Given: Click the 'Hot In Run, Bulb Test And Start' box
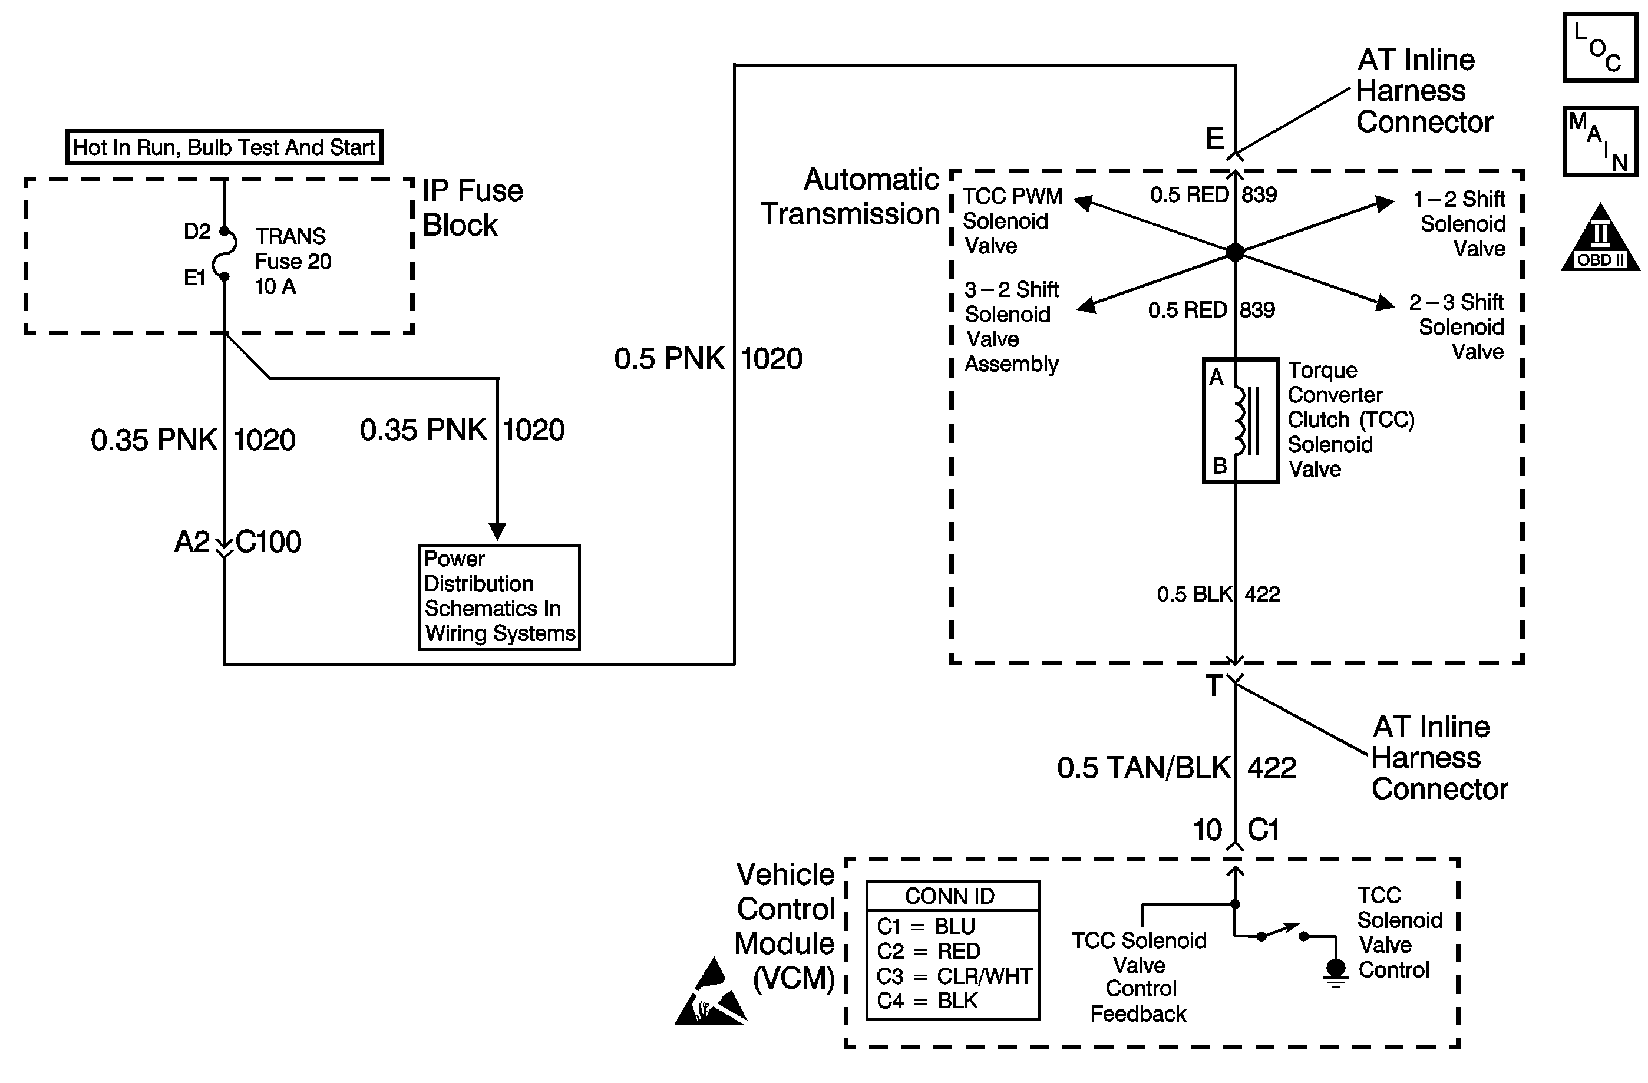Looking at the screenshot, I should [224, 147].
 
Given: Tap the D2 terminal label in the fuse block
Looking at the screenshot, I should [197, 232].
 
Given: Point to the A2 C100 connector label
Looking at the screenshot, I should [237, 542].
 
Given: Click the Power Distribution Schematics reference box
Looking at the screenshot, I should [499, 597].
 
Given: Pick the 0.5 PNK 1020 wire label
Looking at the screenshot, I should [708, 359].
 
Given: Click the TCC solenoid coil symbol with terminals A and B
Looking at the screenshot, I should [1240, 420].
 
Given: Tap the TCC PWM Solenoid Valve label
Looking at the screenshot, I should [1012, 221].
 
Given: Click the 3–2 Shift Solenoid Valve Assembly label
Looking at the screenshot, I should [1011, 326].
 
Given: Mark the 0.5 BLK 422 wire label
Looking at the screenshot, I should [1218, 594].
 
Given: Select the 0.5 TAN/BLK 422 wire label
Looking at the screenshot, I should [1176, 767].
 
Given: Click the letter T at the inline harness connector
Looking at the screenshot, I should [1213, 686].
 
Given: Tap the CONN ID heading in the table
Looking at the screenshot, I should [949, 896].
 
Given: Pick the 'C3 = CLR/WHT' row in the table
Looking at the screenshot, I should [953, 976].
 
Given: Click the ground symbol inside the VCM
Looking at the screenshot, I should [1336, 972].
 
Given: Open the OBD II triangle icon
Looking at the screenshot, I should [1600, 239].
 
